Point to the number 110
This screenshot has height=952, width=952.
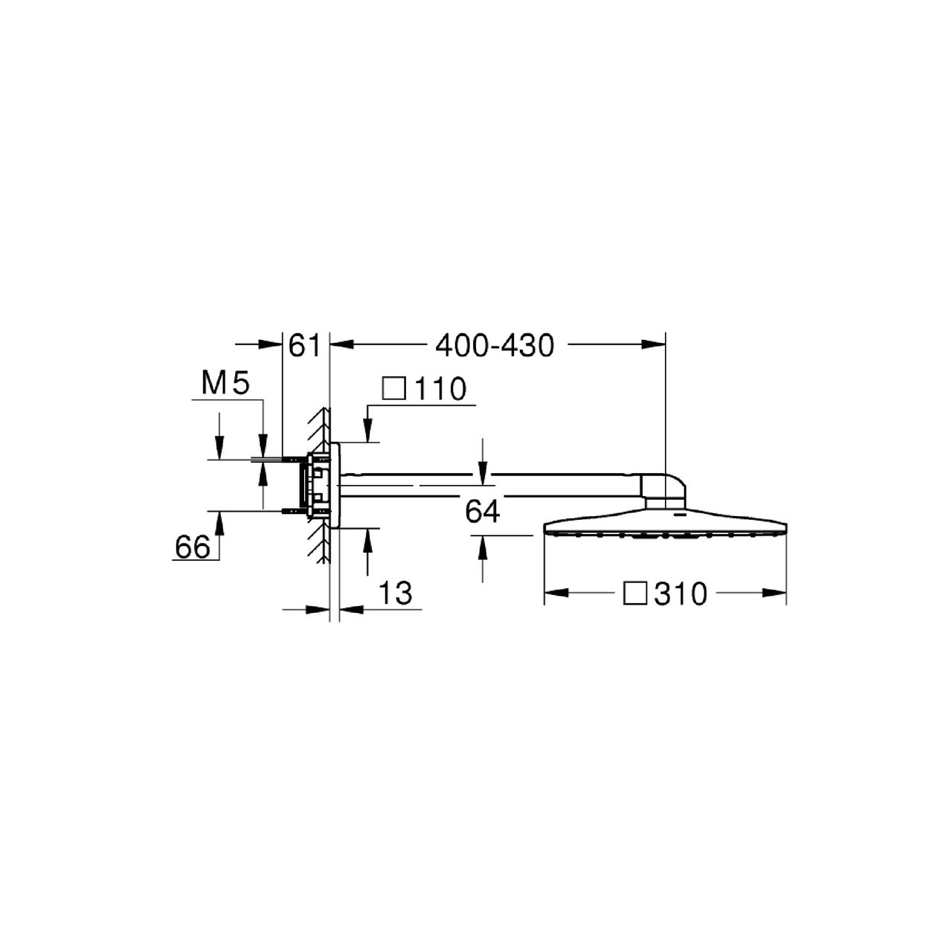pos(440,389)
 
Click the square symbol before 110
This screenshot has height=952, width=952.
pos(394,389)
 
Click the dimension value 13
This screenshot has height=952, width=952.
pos(396,593)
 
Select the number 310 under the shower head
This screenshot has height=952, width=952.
pos(681,594)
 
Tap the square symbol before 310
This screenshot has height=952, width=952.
pos(635,593)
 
